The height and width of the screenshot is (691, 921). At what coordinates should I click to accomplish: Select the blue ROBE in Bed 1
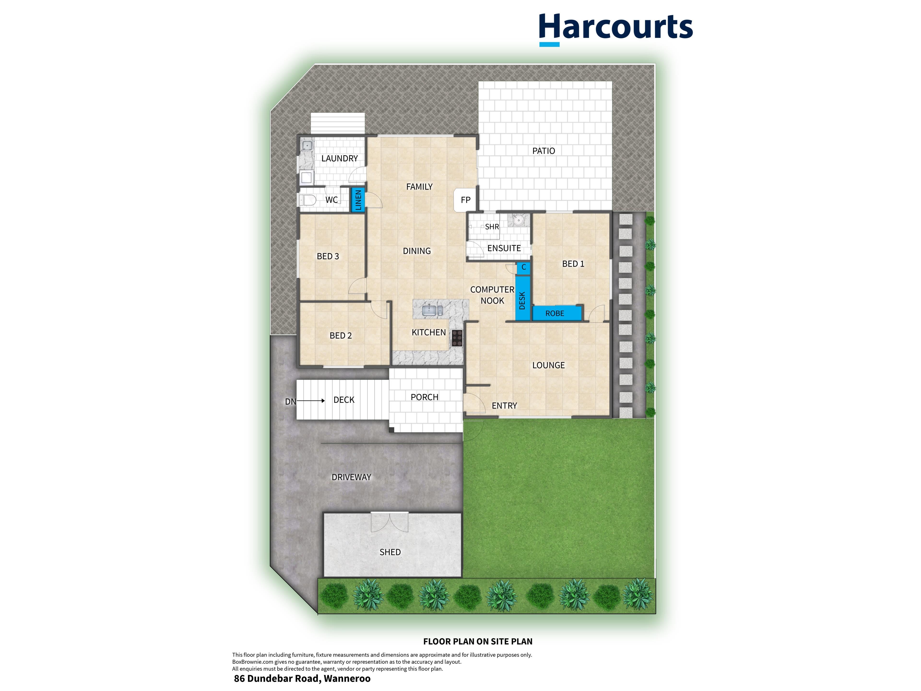pyautogui.click(x=557, y=313)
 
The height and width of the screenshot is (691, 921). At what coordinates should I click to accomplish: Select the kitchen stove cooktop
pyautogui.click(x=457, y=338)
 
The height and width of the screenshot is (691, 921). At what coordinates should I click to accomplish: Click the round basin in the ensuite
pyautogui.click(x=518, y=220)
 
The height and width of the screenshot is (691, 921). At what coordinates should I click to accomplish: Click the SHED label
pyautogui.click(x=390, y=552)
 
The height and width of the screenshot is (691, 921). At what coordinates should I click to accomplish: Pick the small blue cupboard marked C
pyautogui.click(x=523, y=268)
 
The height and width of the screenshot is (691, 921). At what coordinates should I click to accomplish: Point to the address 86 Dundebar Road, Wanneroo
pyautogui.click(x=302, y=679)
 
